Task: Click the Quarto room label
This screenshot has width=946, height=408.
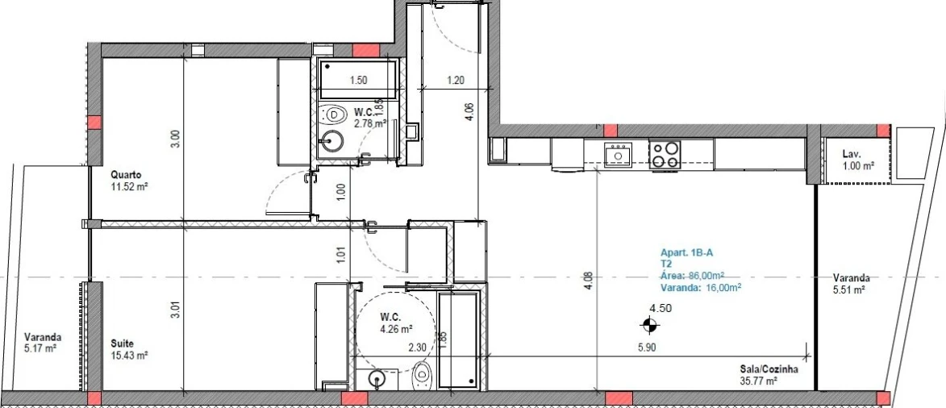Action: click(x=127, y=173)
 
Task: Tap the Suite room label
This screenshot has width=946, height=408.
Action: click(x=122, y=343)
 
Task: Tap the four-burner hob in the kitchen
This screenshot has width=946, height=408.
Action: click(x=665, y=154)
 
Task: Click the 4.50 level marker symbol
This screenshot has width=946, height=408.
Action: click(x=648, y=326)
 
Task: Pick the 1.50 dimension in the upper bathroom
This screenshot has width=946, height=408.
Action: click(x=359, y=81)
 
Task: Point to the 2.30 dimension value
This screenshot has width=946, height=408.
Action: click(x=417, y=348)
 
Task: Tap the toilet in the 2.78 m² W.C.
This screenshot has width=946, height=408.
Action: click(x=331, y=114)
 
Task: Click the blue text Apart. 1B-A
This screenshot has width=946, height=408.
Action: click(x=687, y=252)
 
